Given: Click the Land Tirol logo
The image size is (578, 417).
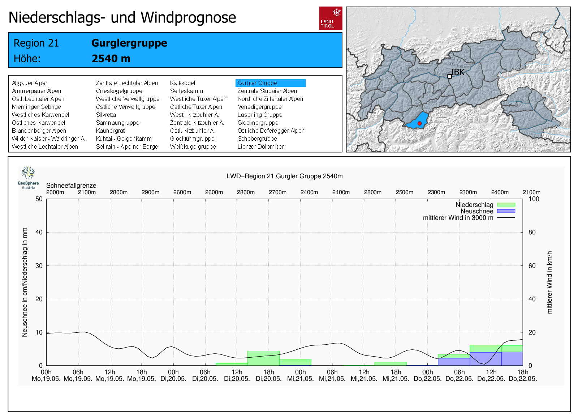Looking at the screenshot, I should [x=331, y=18].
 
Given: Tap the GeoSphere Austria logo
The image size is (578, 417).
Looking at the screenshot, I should [x=28, y=178].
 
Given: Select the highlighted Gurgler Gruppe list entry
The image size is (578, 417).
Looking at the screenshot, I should [x=270, y=83].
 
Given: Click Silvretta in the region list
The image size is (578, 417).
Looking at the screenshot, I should [x=106, y=115].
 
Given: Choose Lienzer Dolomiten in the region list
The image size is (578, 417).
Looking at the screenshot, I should [x=261, y=146].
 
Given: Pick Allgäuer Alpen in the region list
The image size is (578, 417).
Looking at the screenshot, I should [x=30, y=83].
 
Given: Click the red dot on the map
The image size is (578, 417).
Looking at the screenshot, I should [x=419, y=123].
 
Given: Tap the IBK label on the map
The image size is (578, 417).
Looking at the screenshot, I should [x=458, y=72].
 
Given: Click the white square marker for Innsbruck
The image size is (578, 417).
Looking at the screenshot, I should [x=449, y=76].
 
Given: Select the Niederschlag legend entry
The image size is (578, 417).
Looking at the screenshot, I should [x=474, y=205].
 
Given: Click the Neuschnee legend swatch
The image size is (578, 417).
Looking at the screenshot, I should [x=506, y=211].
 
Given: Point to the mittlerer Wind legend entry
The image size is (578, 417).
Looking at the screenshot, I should [x=458, y=218].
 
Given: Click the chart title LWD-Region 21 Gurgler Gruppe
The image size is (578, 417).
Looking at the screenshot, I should [x=284, y=176].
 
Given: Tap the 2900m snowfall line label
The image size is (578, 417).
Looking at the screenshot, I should [x=150, y=192].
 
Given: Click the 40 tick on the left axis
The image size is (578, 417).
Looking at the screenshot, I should [x=39, y=232].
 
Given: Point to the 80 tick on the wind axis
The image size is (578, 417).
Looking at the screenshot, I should [x=532, y=232].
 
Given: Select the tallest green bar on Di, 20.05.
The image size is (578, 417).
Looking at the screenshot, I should [x=263, y=358].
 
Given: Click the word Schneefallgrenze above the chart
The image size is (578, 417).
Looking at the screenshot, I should [x=71, y=186].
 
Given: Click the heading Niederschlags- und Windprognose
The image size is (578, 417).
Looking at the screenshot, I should [x=122, y=17].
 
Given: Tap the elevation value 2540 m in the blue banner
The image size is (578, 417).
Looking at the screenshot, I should [x=111, y=58].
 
